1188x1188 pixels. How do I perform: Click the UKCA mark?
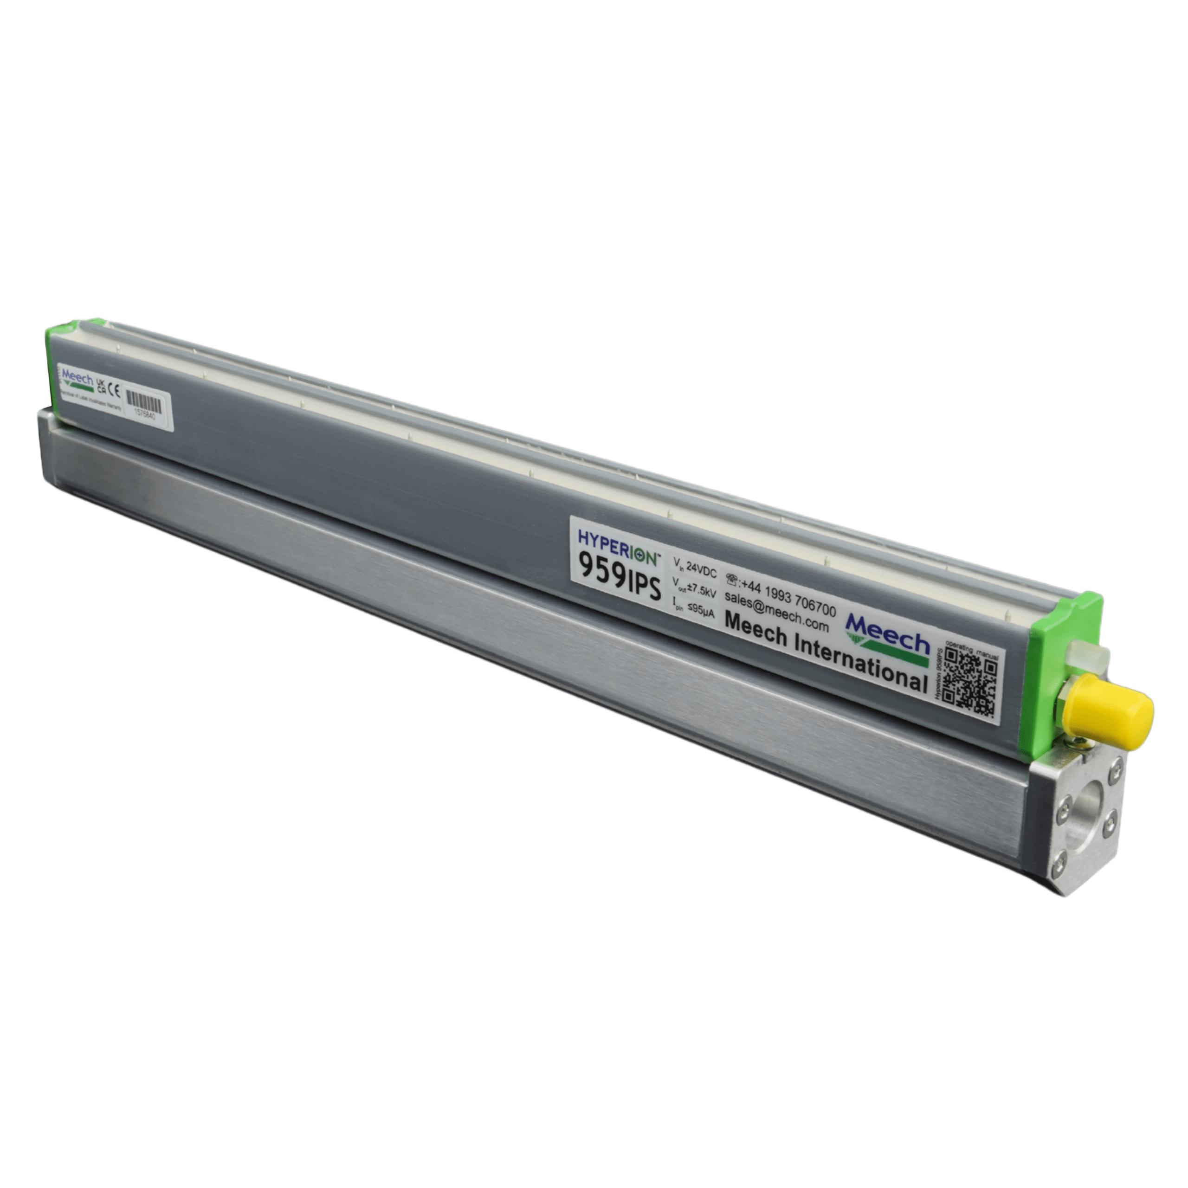(100, 386)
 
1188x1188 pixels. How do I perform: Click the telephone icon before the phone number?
(733, 579)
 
